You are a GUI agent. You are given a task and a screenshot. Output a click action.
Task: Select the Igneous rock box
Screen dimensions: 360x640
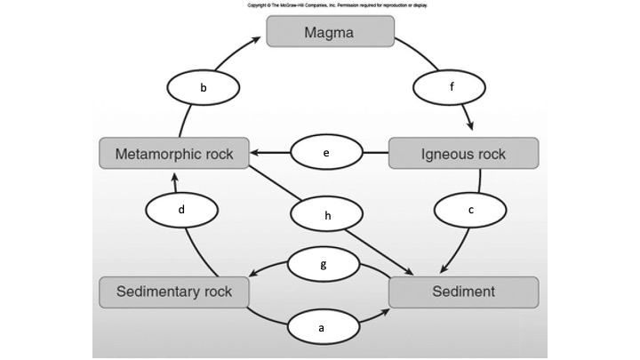pyautogui.click(x=463, y=153)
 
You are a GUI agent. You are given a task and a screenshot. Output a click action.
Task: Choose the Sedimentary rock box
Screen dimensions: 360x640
pyautogui.click(x=173, y=292)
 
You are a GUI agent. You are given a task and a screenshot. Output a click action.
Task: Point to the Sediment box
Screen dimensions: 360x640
pyautogui.click(x=463, y=292)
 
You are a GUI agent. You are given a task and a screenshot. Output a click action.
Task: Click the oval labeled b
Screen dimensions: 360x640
pyautogui.click(x=204, y=88)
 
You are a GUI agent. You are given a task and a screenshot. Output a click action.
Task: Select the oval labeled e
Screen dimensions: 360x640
pyautogui.click(x=327, y=153)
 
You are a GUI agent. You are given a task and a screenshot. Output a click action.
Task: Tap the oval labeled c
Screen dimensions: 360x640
pyautogui.click(x=470, y=210)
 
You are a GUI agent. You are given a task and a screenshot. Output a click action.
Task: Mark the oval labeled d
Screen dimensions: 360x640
pyautogui.click(x=180, y=210)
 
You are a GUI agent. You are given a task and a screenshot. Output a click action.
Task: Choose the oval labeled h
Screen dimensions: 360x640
pyautogui.click(x=327, y=214)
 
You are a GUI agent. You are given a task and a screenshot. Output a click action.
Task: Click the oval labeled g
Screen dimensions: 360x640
pyautogui.click(x=324, y=265)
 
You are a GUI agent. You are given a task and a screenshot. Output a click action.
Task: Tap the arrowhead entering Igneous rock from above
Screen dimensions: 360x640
pyautogui.click(x=468, y=131)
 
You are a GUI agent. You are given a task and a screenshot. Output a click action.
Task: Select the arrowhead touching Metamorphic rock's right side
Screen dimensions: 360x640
pyautogui.click(x=254, y=153)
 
